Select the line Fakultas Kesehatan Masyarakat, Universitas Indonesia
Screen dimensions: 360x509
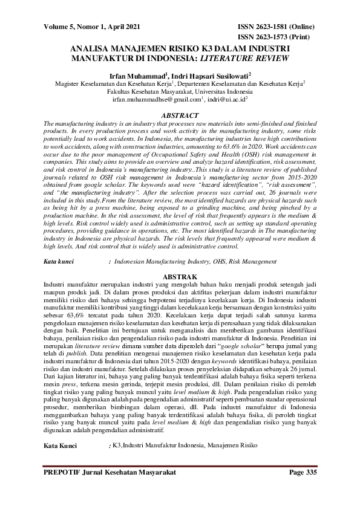click(180, 91)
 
